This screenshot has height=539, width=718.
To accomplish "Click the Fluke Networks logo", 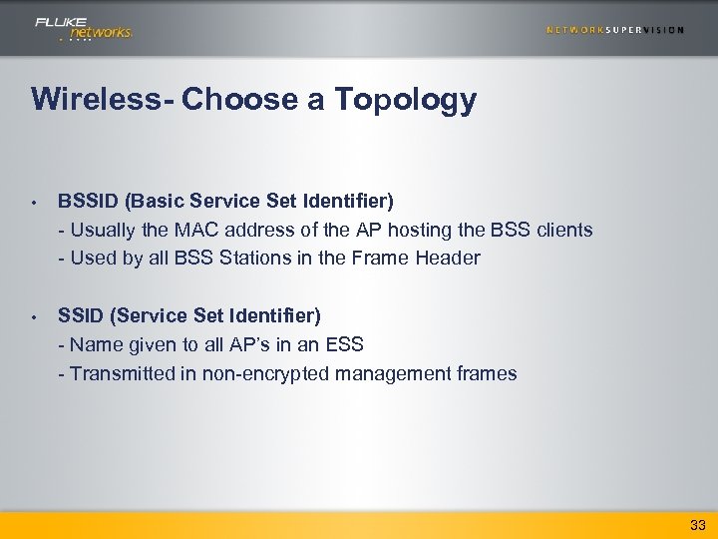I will pos(84,28).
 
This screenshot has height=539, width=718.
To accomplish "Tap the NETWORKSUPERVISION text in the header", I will pos(615,30).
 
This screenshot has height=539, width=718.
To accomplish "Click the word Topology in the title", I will pos(406,100).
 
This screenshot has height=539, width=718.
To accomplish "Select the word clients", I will pos(565,231).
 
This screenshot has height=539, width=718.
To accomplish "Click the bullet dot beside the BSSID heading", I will pos(34,203).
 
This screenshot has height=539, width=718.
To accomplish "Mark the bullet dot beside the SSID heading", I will pos(34,317).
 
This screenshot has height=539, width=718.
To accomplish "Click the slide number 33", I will pos(697,524).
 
